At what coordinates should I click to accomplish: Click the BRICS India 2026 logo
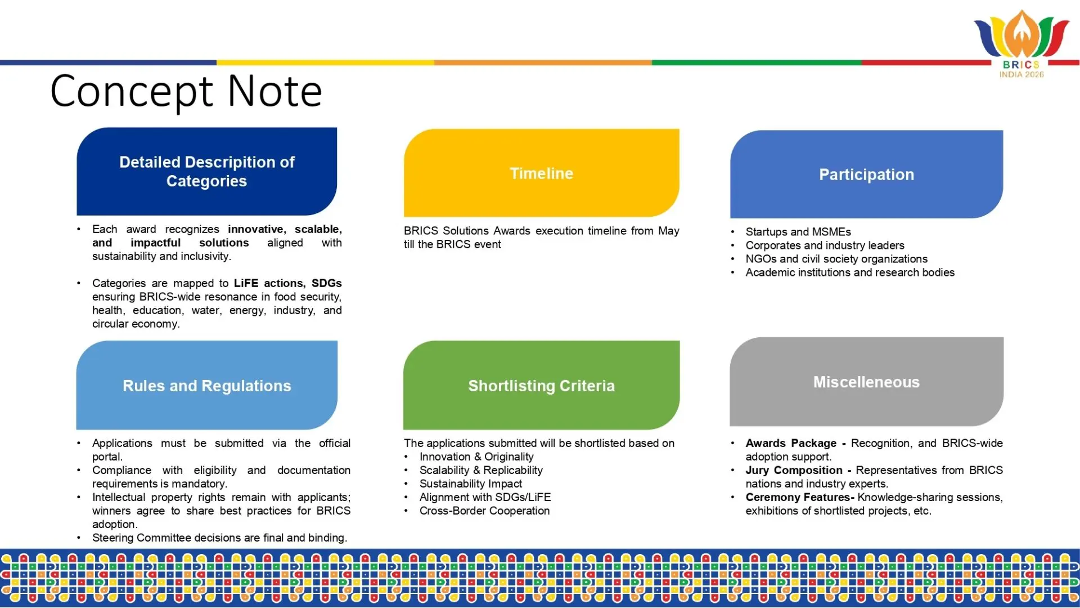(x=1021, y=44)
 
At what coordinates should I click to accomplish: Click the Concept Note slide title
(x=186, y=91)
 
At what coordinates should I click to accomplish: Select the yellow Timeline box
(x=541, y=173)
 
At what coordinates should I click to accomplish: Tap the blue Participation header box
(x=866, y=174)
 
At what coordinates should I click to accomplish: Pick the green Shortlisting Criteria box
(x=541, y=385)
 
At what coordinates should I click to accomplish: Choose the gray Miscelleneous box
(x=866, y=382)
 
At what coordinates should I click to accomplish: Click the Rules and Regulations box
(x=206, y=385)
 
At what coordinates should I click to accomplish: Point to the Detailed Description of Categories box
(x=206, y=171)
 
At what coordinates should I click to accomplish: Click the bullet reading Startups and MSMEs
(x=798, y=232)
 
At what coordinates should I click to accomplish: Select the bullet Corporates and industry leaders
(x=825, y=245)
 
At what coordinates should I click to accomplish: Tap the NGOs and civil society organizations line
(x=836, y=259)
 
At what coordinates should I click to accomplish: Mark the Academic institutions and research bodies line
(x=850, y=272)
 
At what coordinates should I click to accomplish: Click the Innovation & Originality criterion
(x=476, y=457)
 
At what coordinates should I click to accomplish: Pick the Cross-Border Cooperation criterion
(x=484, y=511)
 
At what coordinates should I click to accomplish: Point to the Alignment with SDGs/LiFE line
(x=485, y=497)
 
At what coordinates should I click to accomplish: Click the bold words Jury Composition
(x=794, y=470)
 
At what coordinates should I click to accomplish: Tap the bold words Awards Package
(x=791, y=443)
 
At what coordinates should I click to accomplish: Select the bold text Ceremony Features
(x=800, y=497)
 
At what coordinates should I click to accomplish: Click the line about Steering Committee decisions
(x=219, y=538)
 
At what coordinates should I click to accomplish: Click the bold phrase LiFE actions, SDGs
(x=287, y=283)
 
